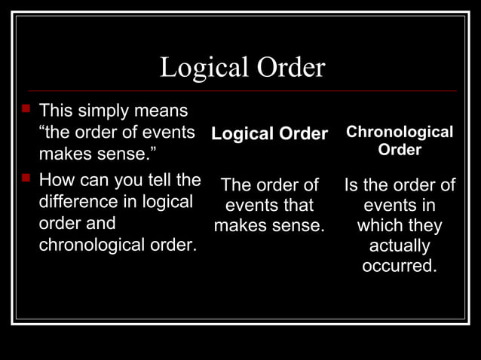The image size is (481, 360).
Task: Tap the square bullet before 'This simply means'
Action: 25,111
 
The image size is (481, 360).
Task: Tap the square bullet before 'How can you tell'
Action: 25,179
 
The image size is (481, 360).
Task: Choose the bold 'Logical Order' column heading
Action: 269,134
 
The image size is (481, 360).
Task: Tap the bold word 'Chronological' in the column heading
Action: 400,133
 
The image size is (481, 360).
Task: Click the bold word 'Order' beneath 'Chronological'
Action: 400,150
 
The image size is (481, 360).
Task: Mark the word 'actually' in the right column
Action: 400,246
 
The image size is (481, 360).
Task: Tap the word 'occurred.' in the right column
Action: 400,267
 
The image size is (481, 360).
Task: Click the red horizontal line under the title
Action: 241,91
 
